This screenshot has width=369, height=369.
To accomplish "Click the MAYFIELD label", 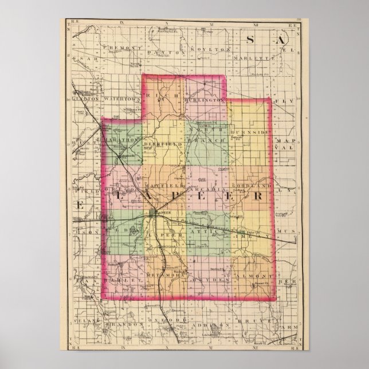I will [163, 186].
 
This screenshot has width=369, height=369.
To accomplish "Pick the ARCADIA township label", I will [206, 186].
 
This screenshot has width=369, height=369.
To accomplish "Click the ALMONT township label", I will [250, 276].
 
